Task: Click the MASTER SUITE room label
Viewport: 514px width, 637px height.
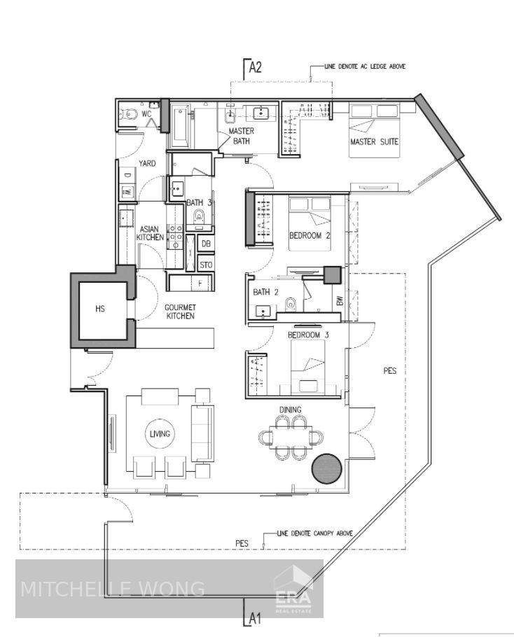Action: click(374, 142)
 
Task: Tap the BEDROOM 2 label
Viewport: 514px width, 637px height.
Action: click(310, 235)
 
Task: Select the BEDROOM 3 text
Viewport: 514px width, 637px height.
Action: click(308, 335)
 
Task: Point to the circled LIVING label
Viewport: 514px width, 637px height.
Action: click(160, 434)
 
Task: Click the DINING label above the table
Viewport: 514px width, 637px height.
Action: click(290, 409)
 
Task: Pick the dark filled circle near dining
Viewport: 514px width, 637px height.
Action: click(327, 468)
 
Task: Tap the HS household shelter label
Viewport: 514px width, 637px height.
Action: click(100, 309)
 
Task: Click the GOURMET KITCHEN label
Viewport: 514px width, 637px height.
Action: click(181, 311)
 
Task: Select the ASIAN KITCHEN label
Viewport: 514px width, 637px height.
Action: click(150, 233)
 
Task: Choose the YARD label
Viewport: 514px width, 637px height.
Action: click(147, 163)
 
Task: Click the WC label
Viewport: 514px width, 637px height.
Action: click(146, 114)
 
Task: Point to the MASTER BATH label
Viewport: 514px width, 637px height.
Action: click(242, 136)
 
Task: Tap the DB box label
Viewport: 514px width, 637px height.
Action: click(206, 244)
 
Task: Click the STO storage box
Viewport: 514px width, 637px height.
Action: click(206, 265)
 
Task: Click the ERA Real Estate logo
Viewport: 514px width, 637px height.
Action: click(293, 590)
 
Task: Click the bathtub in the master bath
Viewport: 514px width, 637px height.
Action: click(179, 126)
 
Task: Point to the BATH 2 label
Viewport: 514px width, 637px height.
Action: click(265, 292)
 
